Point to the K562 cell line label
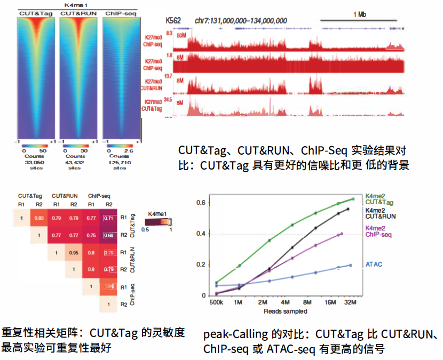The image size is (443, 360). pos(173,20)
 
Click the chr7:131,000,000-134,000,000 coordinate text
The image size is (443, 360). pos(241,21)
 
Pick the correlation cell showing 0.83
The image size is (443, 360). pos(38,218)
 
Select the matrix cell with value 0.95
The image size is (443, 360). pos(74,252)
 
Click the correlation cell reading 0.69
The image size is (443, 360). pos(109,235)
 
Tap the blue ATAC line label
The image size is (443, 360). pos(373,264)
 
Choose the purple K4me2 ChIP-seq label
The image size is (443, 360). pos(378,231)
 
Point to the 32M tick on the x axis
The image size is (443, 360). pos(351,303)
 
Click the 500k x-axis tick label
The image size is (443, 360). pos(217,303)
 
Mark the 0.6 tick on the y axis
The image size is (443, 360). pos(200,202)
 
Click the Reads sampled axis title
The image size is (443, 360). pos(284,311)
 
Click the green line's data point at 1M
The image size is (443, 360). pos(239,266)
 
